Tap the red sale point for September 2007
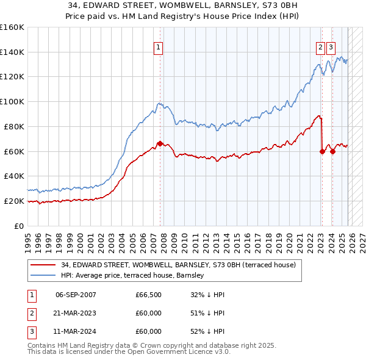(160, 143)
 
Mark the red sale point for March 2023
(322, 151)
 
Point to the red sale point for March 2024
(332, 151)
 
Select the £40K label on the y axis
(13, 176)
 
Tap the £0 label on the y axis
(19, 226)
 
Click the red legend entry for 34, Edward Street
(178, 265)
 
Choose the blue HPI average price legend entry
(135, 276)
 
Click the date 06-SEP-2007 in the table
(76, 295)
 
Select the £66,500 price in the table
(148, 295)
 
